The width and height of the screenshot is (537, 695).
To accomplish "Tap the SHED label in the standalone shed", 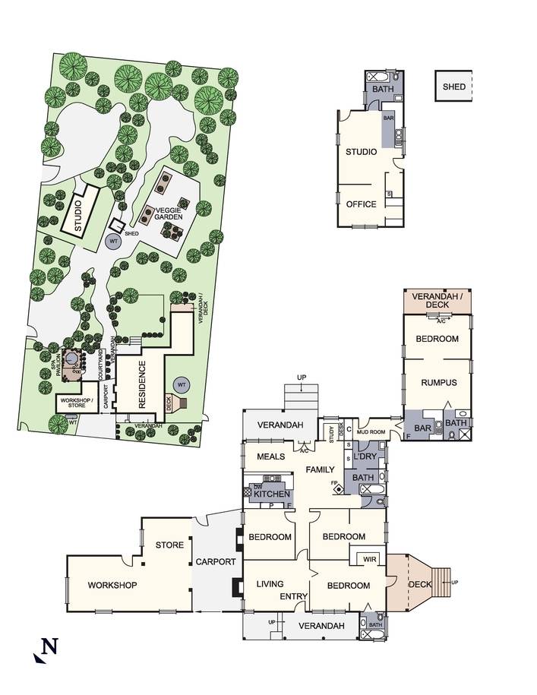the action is (x=453, y=87).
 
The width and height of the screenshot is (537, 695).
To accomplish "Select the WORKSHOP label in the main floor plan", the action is (x=112, y=585).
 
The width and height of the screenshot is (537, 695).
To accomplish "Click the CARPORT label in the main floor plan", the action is (x=216, y=561).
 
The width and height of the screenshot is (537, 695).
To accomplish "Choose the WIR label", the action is (x=369, y=559).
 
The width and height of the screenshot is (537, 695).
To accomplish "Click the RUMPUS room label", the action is (x=439, y=383).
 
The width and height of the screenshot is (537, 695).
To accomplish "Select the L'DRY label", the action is (x=365, y=456).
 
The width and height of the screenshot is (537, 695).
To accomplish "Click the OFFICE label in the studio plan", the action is (x=361, y=204).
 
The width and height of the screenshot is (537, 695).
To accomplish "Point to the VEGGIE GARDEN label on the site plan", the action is (x=168, y=213).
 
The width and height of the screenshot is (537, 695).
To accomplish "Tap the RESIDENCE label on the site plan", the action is (x=142, y=384).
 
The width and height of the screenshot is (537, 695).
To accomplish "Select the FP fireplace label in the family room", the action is (x=333, y=482).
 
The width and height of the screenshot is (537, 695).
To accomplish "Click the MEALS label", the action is (x=270, y=456).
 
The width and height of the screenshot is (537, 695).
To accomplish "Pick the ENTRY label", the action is (x=293, y=596).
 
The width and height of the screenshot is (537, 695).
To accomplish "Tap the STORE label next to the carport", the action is (x=169, y=545).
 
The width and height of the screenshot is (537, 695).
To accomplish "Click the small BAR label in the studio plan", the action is (x=388, y=118).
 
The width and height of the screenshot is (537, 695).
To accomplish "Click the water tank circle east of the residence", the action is (x=182, y=385).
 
